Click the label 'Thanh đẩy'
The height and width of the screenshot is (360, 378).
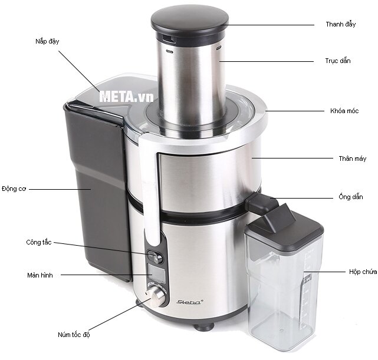[x=341, y=24]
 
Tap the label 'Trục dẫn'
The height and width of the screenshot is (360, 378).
[x=338, y=61]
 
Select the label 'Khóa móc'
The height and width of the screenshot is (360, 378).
[x=344, y=111]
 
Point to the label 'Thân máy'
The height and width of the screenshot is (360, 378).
[x=353, y=158]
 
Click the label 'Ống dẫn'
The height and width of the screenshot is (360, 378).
[x=351, y=196]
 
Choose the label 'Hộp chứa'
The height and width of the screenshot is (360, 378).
[x=363, y=272]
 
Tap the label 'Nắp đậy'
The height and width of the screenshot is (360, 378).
[x=47, y=41]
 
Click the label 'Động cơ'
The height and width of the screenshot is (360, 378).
[x=14, y=189]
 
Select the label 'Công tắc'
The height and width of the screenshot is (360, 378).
[x=39, y=242]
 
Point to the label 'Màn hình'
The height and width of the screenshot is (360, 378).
[x=40, y=275]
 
